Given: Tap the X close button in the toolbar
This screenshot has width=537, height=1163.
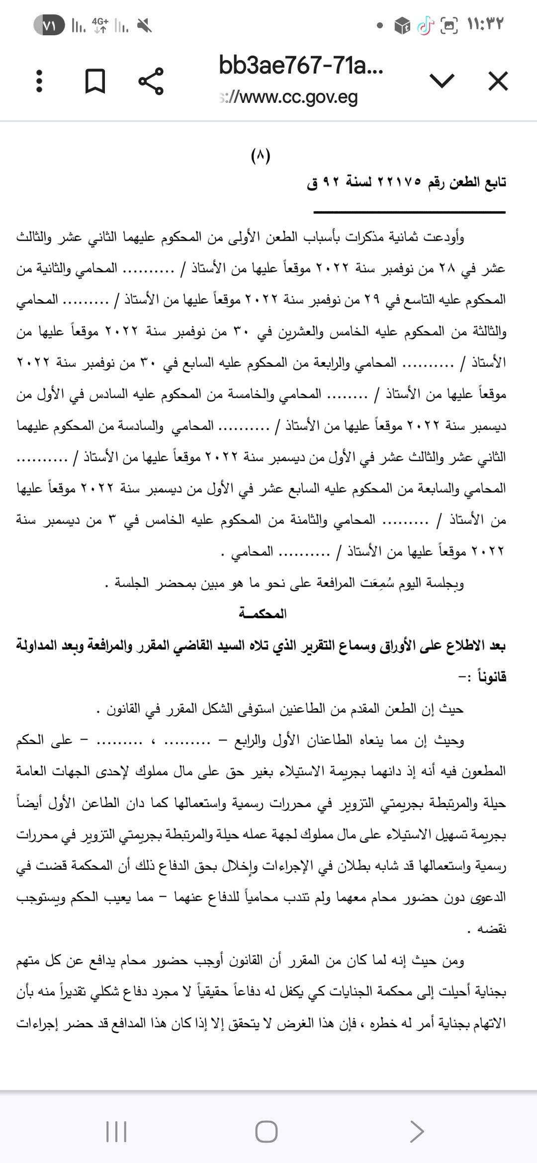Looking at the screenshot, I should pos(498,81).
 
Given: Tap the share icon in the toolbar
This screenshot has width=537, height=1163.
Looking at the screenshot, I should pos(151,81).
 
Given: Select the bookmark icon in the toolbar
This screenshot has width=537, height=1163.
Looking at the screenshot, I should pos(95,81).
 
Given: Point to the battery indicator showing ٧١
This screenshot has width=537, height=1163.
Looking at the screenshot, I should pos(49,25).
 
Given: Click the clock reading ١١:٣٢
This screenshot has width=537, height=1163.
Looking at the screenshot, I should pos(486,24).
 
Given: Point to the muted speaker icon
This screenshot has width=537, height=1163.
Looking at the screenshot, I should pos(145,25).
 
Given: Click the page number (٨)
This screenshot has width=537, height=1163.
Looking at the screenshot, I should pos(261,156).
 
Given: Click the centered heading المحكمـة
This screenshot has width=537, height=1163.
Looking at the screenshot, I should pos(263,614).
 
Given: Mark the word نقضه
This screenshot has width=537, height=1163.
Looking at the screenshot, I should pos(491,928).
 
